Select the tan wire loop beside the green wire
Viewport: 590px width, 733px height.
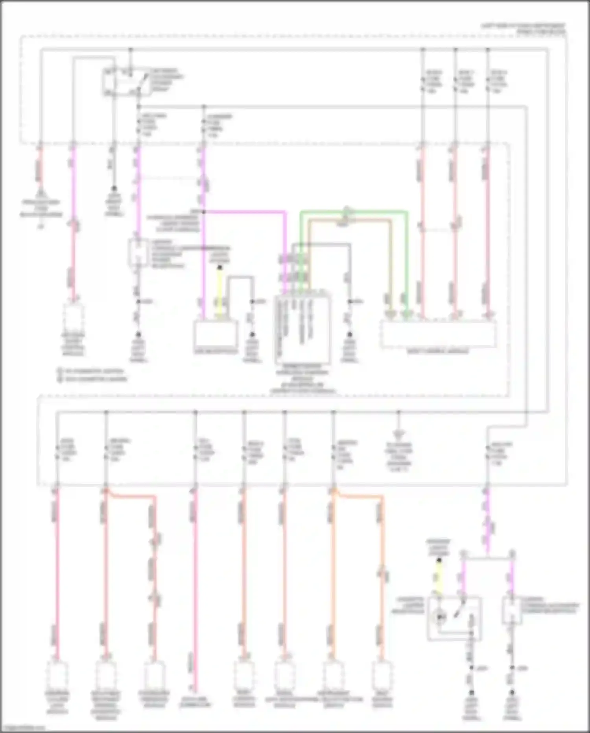pyautogui.click(x=350, y=221)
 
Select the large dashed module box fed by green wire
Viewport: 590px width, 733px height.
pyautogui.click(x=438, y=334)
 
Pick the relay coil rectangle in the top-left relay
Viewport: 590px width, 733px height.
pyautogui.click(x=109, y=82)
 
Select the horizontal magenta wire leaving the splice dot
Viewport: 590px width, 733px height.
pyautogui.click(x=244, y=212)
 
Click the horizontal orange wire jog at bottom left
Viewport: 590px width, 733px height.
pyautogui.click(x=130, y=496)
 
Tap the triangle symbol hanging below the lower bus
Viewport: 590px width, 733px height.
pyautogui.click(x=398, y=434)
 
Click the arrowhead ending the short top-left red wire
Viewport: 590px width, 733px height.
pyautogui.click(x=40, y=193)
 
